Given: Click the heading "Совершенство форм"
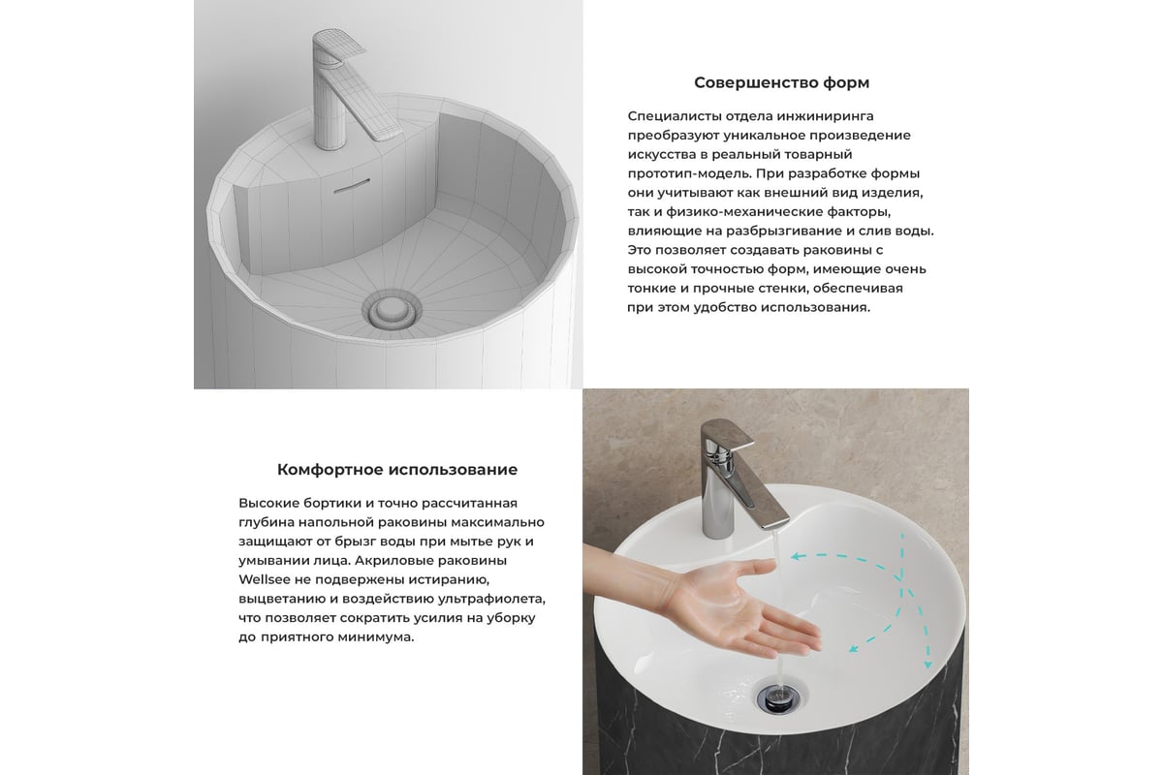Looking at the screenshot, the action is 781,83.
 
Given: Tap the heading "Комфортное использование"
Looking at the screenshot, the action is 397,470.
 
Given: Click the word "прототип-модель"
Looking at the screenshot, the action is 688,173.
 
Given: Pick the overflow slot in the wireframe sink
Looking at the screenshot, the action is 352,186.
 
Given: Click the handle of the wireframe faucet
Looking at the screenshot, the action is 339,46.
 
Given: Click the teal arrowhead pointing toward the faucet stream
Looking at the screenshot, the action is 795,557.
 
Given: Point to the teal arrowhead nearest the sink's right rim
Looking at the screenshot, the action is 927,665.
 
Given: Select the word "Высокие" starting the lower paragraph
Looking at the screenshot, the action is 269,503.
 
